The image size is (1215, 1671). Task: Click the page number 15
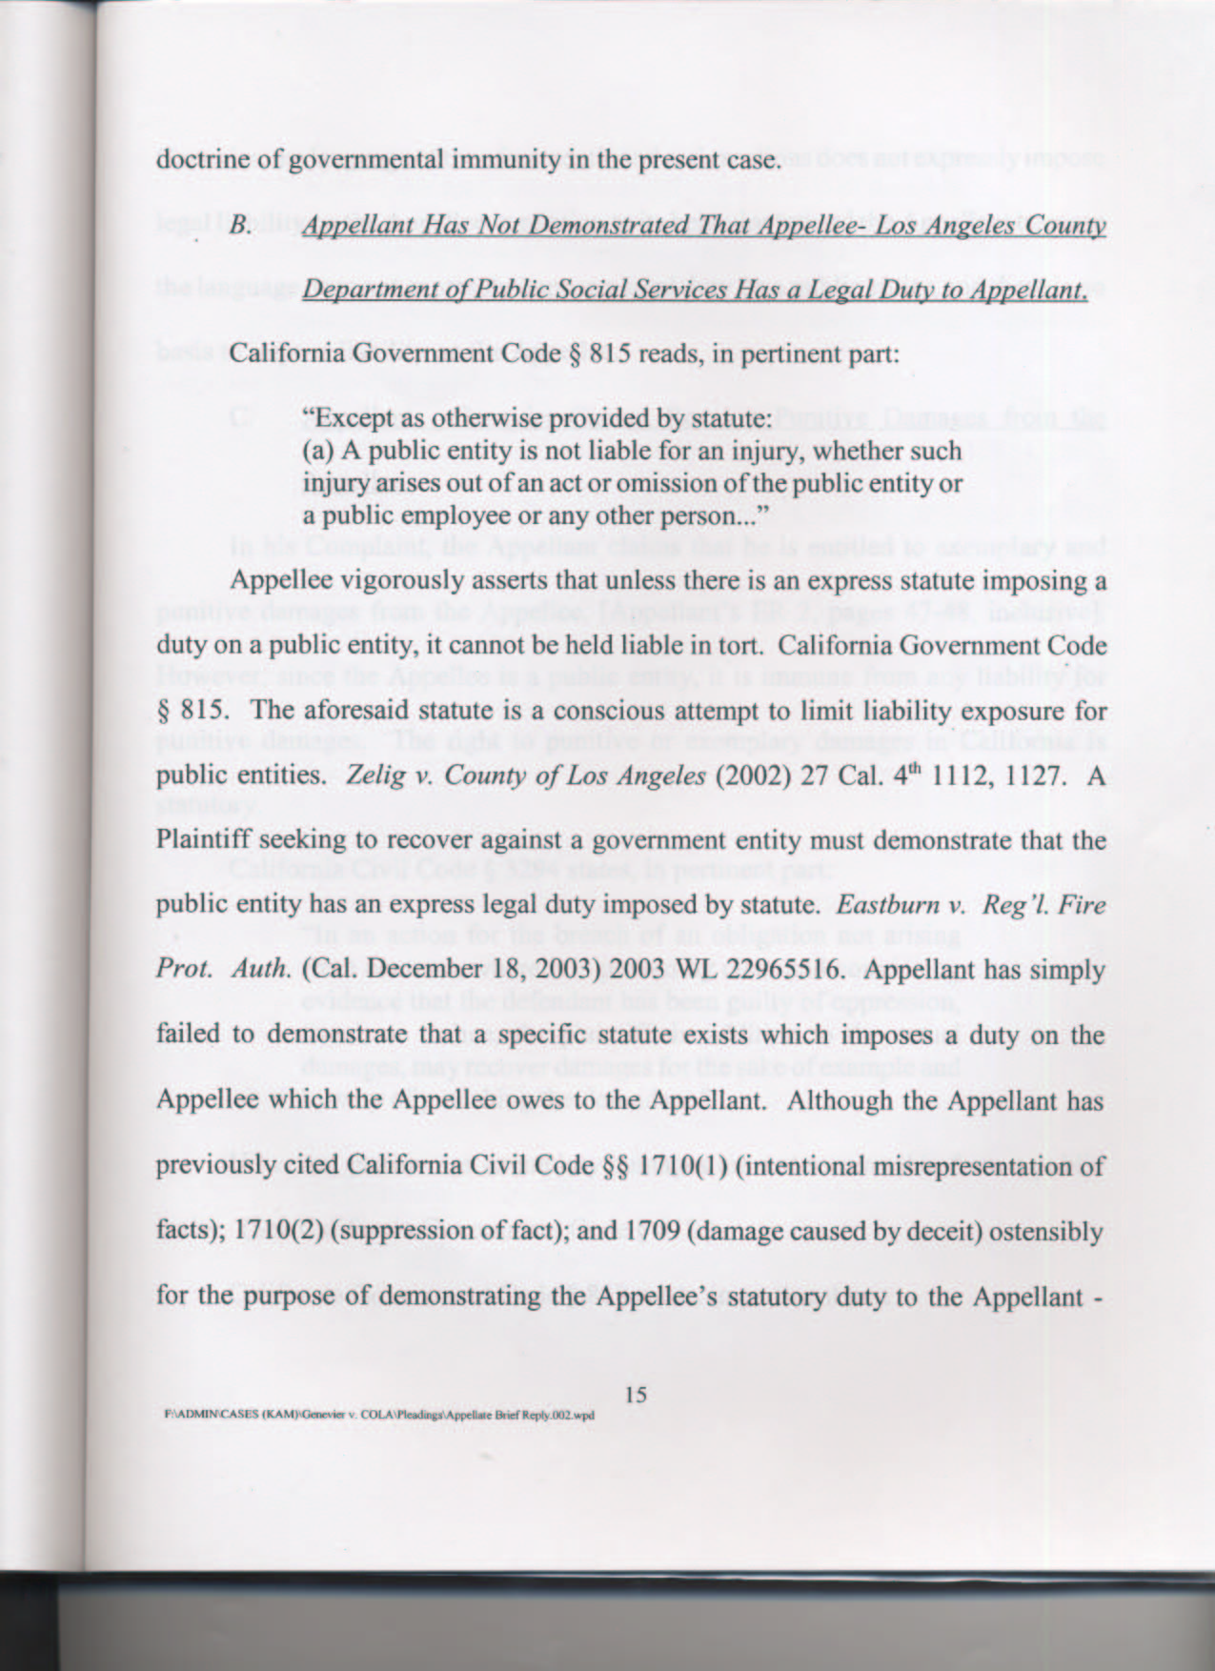click(637, 1395)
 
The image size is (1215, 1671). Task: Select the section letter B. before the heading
click(239, 227)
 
